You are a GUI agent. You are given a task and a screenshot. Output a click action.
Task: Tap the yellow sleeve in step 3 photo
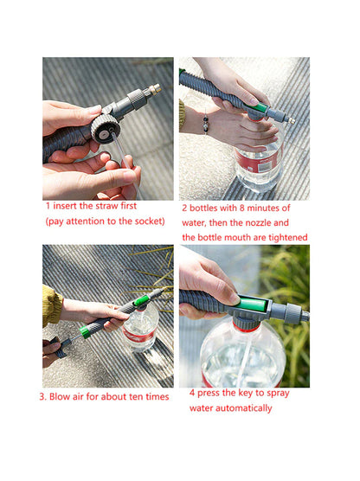point(51,305)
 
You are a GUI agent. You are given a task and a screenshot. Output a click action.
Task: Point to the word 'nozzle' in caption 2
point(260,222)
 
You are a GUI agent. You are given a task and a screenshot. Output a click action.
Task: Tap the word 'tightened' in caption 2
point(283,237)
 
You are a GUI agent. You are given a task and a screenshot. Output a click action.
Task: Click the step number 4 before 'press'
point(193,393)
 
